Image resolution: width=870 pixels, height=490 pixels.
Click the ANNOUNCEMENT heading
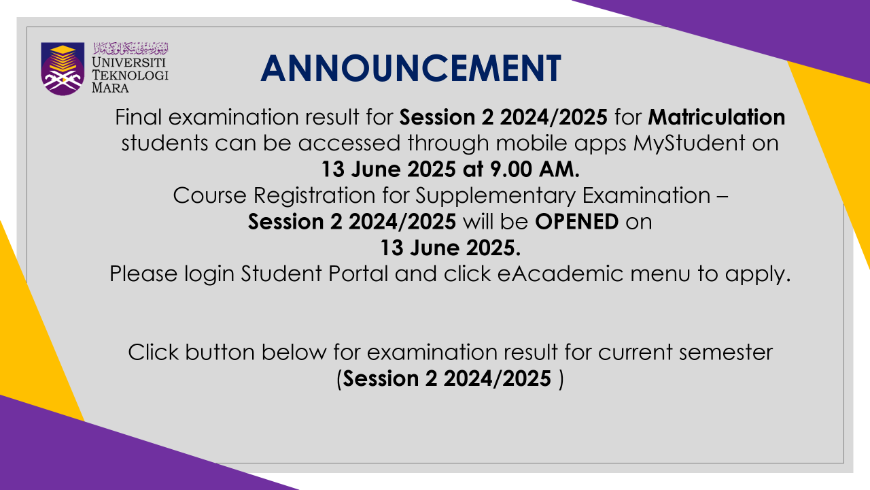(411, 69)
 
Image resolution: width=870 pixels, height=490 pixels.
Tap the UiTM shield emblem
(63, 69)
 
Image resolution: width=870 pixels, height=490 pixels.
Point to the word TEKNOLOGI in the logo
(130, 75)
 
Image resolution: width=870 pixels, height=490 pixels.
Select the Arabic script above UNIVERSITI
(131, 48)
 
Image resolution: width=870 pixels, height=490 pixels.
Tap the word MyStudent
(689, 144)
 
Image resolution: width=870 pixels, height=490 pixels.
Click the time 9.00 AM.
(534, 169)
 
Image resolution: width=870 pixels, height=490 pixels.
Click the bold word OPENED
(577, 222)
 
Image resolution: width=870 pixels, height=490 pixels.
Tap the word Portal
(358, 274)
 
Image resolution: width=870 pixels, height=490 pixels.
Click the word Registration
(314, 195)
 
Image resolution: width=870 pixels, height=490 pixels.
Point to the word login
(209, 274)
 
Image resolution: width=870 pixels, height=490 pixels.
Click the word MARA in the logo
(110, 88)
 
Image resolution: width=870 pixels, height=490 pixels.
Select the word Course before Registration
(210, 195)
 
